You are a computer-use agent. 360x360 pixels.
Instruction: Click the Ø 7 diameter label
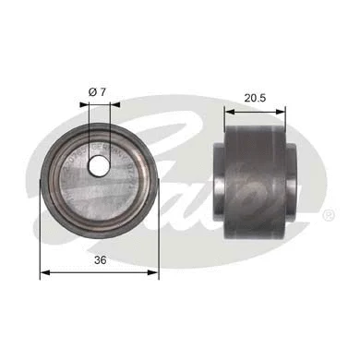click(100, 90)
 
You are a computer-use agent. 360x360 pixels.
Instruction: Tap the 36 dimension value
click(99, 261)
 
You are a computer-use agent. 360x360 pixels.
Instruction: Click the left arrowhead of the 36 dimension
click(42, 274)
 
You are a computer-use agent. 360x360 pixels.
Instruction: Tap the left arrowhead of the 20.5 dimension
click(228, 107)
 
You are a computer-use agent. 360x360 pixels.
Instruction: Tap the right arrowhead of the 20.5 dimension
click(282, 107)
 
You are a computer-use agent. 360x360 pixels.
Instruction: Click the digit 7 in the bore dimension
click(106, 90)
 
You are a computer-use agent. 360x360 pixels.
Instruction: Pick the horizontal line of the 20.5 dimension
click(255, 107)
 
